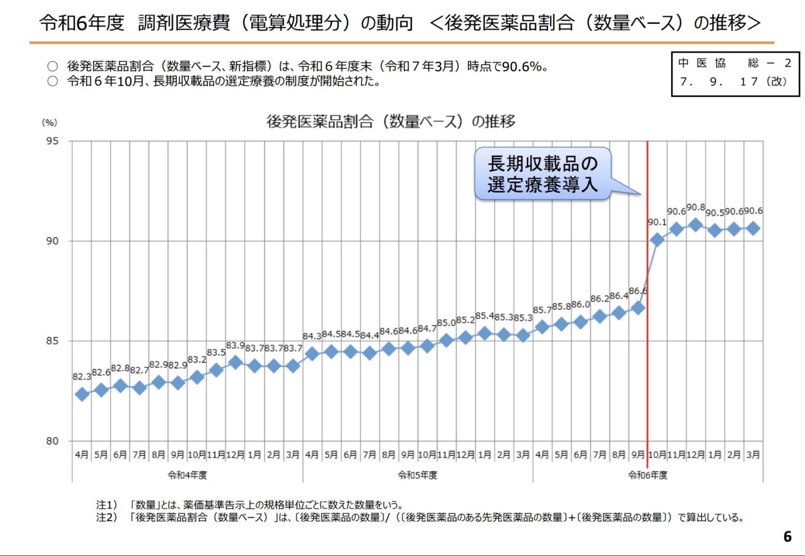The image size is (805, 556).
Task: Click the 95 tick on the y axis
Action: pyautogui.click(x=52, y=141)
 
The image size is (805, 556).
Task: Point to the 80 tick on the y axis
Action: pyautogui.click(x=52, y=441)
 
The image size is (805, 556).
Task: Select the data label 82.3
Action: pyautogui.click(x=82, y=377)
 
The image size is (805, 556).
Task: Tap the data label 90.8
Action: pyautogui.click(x=696, y=208)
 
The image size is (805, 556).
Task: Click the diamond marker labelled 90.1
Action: pyautogui.click(x=657, y=240)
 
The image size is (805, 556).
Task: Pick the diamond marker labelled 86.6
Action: pyautogui.click(x=638, y=307)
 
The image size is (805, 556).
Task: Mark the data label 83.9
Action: pyautogui.click(x=235, y=345)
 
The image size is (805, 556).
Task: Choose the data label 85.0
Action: pyautogui.click(x=446, y=323)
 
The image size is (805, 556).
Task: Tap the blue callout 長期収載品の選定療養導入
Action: pyautogui.click(x=542, y=174)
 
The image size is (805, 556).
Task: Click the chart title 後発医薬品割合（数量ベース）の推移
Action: pyautogui.click(x=391, y=121)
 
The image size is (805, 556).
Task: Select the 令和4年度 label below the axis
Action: pyautogui.click(x=187, y=476)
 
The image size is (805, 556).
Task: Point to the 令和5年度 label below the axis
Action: pyautogui.click(x=417, y=476)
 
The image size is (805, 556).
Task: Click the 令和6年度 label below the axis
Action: pyautogui.click(x=648, y=476)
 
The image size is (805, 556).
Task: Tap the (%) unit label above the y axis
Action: pyautogui.click(x=49, y=123)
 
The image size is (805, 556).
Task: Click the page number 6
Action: pyautogui.click(x=787, y=537)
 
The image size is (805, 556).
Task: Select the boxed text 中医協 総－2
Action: pyautogui.click(x=735, y=63)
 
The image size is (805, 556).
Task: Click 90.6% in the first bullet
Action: pyautogui.click(x=522, y=67)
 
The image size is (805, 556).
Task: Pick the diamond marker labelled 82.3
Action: pyautogui.click(x=82, y=395)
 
